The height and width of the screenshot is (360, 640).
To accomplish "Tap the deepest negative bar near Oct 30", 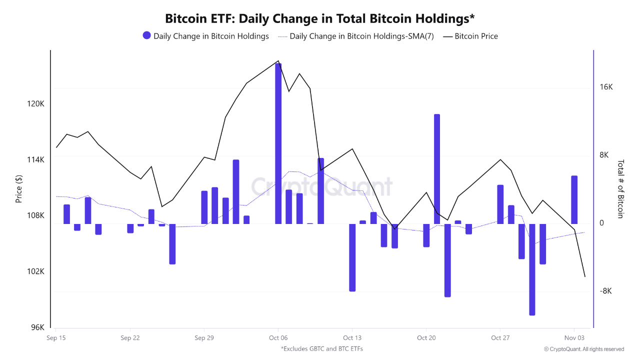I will click(532, 269).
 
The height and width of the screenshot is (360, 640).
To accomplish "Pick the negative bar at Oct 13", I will click(352, 257).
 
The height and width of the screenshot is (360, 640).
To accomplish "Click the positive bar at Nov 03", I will click(574, 199).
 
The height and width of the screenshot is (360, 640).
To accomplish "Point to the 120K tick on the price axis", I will click(36, 104).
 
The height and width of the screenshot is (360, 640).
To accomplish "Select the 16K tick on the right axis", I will click(606, 87).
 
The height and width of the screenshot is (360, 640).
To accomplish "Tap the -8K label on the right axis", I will click(606, 291).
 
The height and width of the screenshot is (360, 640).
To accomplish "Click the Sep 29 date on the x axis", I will click(204, 338).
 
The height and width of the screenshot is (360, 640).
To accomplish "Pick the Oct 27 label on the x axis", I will click(500, 338).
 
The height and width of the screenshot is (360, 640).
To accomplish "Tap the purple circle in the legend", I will click(146, 35).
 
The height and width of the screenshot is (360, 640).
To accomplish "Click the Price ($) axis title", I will click(19, 188).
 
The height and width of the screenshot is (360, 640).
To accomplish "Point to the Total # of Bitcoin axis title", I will click(620, 188).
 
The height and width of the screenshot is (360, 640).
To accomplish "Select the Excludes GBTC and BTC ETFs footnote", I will click(321, 349).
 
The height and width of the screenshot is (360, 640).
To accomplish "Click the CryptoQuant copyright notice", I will click(584, 349).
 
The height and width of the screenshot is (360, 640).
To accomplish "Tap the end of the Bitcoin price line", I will click(584, 276).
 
